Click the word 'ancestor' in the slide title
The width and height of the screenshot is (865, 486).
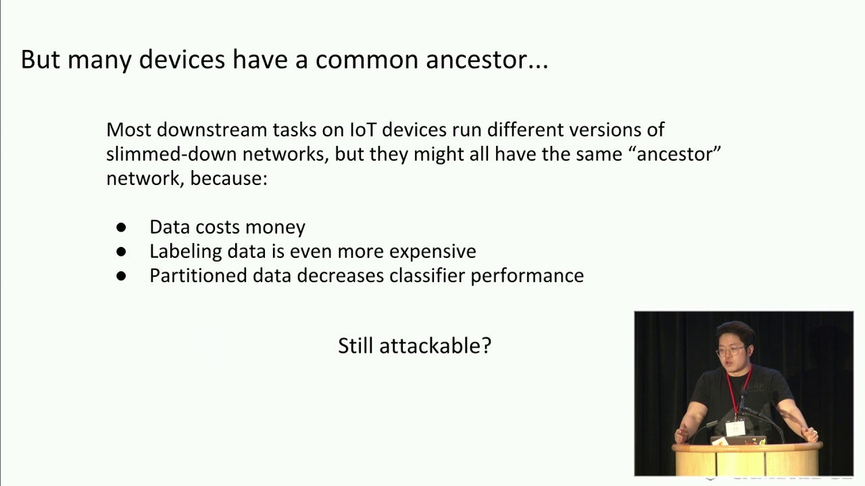(476, 60)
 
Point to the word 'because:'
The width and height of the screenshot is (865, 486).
(229, 179)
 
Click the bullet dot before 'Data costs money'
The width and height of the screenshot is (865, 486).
(122, 227)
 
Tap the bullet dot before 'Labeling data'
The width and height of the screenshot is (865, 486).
(122, 252)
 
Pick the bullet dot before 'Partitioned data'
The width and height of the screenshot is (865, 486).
(122, 276)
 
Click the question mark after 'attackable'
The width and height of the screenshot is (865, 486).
(485, 346)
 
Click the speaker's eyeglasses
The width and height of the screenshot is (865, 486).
(731, 351)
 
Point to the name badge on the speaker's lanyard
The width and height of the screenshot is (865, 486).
(735, 428)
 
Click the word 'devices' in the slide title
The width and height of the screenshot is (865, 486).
(182, 60)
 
